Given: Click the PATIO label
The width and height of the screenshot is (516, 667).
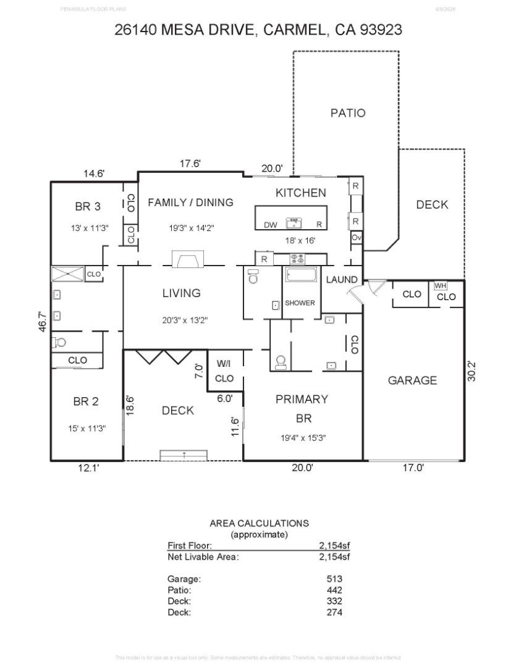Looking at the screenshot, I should [x=347, y=113].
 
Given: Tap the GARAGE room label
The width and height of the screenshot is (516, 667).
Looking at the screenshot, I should [x=412, y=380].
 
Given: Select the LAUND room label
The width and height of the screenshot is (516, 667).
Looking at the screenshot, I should [x=342, y=280].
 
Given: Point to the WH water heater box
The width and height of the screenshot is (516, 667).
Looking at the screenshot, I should [x=440, y=286].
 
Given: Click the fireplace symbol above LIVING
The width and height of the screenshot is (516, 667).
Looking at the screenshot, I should [x=185, y=260].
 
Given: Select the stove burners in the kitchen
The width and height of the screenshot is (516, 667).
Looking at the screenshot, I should [x=297, y=259].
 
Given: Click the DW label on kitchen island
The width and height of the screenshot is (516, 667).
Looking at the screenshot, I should [x=270, y=225].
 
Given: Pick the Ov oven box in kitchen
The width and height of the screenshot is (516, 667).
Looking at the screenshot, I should [x=356, y=238].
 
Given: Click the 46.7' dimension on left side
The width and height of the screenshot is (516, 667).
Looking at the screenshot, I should [x=43, y=322].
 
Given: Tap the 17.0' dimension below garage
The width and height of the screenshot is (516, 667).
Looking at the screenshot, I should [x=413, y=468].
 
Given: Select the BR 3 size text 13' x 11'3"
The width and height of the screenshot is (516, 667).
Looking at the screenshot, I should [x=90, y=228].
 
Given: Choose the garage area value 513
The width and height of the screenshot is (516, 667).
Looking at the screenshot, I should [x=334, y=579].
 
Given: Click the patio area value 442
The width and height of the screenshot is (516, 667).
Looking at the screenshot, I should [x=334, y=590].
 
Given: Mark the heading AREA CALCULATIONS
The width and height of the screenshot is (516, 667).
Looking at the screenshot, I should [x=259, y=523].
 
